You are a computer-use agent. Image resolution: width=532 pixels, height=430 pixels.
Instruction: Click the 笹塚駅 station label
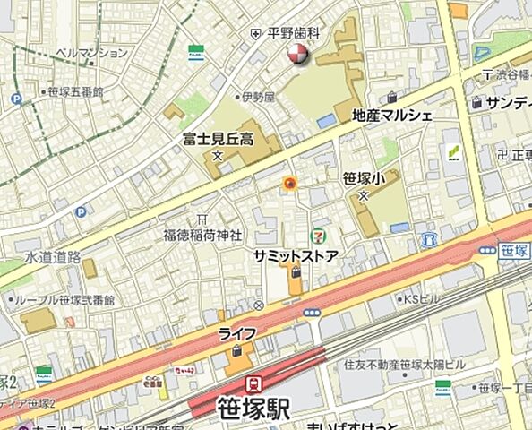254,408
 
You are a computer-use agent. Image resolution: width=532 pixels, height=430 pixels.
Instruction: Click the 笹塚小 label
364,179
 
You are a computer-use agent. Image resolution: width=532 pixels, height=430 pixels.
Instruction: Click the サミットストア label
295,256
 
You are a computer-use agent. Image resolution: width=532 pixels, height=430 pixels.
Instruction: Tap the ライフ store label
237,333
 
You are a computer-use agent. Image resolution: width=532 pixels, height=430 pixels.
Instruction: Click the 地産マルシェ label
392,115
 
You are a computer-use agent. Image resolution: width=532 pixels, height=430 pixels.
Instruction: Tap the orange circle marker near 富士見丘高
289,184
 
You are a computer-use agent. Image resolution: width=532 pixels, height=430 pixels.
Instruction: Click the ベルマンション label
91,53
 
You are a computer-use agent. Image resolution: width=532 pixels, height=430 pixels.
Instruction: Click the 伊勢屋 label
254,97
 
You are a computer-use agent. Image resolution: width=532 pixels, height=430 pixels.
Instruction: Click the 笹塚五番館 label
76,91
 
